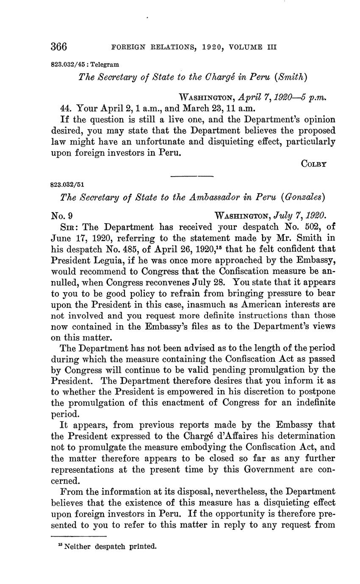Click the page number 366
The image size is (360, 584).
[x=59, y=46]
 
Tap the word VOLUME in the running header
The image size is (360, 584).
[x=245, y=47]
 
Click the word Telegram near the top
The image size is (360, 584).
[x=104, y=65]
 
